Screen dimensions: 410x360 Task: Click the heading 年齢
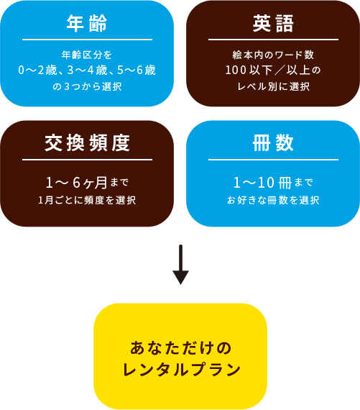pos(87,24)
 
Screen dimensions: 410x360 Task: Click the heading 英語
pos(273,24)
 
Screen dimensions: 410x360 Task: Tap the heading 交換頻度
pos(87,143)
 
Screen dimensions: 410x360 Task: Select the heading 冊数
pos(273,143)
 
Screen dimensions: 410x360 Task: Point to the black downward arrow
pos(180,265)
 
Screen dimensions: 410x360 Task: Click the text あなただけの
pos(182,348)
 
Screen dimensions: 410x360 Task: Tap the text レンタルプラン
pos(182,370)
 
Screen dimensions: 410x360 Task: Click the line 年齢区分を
pos(87,55)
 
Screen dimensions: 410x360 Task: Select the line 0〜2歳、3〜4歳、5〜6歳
pos(87,70)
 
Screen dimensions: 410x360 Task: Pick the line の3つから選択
pos(87,86)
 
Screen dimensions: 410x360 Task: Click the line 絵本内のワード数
pos(273,55)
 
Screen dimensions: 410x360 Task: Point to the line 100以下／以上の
pos(273,70)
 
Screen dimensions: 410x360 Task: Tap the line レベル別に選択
pos(273,86)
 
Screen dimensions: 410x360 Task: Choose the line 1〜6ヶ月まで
pos(87,182)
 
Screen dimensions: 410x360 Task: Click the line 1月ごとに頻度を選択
pos(87,200)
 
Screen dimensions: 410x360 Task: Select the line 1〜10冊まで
pos(273,182)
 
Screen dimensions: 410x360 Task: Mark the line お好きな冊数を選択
pos(273,200)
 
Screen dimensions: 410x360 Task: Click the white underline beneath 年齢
pos(87,40)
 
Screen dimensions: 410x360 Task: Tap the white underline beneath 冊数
pos(273,159)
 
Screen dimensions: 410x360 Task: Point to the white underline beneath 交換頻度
pos(87,159)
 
